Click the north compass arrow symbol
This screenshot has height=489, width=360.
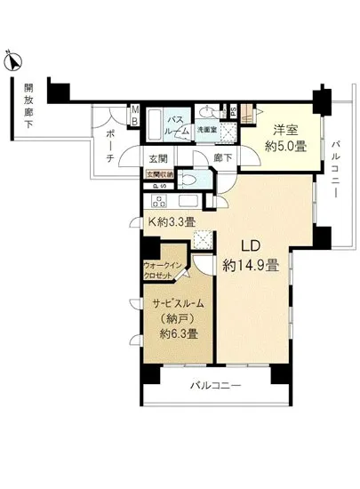coord(12,61)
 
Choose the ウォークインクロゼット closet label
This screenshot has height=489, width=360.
coord(164,270)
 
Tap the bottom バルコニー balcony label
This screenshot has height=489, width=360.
coord(217,385)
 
